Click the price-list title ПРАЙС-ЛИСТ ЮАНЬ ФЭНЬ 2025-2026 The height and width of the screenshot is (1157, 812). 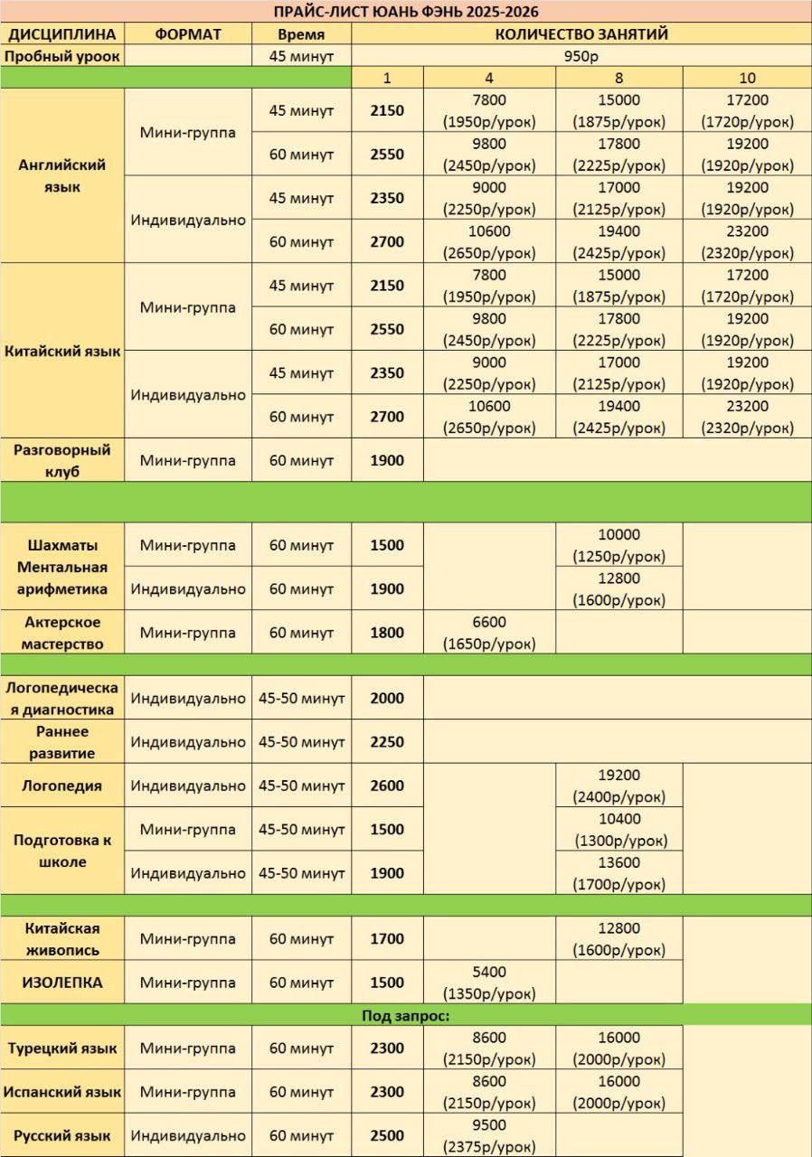406,12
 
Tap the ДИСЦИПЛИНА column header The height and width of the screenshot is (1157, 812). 62,34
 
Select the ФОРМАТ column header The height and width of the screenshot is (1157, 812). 188,34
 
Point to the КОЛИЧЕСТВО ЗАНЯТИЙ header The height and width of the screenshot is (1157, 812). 581,34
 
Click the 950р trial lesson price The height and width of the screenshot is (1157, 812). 581,56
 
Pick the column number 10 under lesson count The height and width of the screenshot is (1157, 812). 746,78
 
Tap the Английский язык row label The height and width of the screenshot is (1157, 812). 62,176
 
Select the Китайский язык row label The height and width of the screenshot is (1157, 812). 62,352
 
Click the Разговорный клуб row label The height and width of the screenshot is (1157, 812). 62,460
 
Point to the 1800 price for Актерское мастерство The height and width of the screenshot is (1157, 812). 387,633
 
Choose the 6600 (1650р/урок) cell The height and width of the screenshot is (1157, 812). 489,633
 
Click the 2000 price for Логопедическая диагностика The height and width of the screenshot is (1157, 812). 387,698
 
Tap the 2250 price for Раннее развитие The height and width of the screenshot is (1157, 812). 387,742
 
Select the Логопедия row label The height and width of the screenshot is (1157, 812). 62,785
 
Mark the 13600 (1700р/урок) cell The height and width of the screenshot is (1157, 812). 619,873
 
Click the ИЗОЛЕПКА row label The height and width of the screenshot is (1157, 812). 62,983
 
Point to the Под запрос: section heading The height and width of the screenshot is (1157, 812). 406,1015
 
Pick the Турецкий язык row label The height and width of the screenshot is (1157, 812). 62,1049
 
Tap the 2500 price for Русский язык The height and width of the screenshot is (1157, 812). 387,1136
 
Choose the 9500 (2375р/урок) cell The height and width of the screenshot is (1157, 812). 489,1136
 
